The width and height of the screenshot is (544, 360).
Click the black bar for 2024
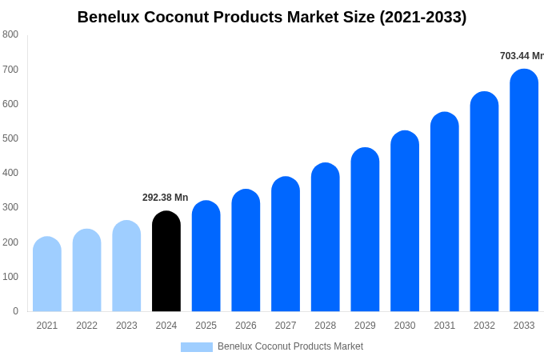(166, 262)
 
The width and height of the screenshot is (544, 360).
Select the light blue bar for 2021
(47, 274)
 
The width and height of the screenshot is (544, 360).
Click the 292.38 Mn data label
(166, 198)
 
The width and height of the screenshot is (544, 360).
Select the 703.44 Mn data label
(522, 56)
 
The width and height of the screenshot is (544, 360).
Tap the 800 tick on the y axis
(10, 34)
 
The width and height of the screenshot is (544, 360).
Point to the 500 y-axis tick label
(10, 138)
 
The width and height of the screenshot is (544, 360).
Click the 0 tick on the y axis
(15, 311)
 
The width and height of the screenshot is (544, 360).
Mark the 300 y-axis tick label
(10, 207)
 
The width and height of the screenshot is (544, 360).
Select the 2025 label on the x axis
(206, 326)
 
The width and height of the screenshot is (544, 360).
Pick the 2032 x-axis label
(484, 326)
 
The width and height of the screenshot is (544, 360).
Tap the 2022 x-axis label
(86, 326)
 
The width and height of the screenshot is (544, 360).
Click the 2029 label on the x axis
(365, 326)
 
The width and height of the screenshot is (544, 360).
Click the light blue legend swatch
(197, 347)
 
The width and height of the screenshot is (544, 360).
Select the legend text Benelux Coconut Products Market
(290, 346)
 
